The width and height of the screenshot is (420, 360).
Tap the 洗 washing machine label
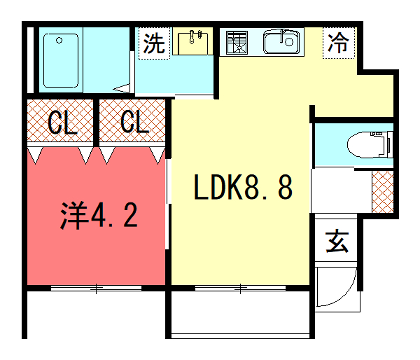(153, 43)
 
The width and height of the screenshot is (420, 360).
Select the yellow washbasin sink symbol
(192, 42)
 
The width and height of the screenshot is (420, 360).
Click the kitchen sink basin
(281, 42)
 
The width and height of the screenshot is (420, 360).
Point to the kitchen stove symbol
(238, 43)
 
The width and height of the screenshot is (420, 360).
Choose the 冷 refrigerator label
(340, 43)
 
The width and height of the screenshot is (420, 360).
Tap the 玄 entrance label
(337, 241)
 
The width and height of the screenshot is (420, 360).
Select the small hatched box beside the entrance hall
(381, 190)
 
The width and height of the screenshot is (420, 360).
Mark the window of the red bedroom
(96, 289)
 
